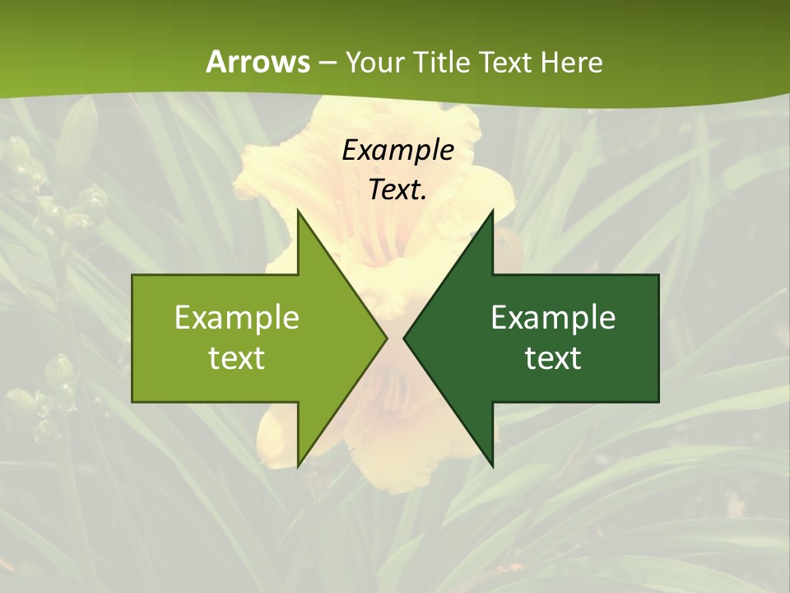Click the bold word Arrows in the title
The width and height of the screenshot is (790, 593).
click(x=257, y=62)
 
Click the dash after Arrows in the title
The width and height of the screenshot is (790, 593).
click(x=327, y=63)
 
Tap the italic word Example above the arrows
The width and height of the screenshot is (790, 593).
click(x=397, y=151)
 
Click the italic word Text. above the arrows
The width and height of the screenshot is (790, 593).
click(x=397, y=189)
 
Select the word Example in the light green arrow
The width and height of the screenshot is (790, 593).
click(x=237, y=318)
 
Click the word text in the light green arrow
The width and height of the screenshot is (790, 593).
click(x=237, y=357)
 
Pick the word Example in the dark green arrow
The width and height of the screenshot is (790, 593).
click(x=553, y=318)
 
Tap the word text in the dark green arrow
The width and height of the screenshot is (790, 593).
click(x=553, y=357)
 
